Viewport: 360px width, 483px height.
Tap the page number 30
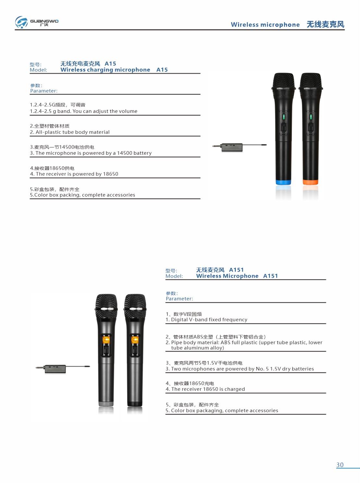(340, 465)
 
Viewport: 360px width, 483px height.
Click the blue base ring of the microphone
(283, 182)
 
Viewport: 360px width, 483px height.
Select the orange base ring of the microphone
(310, 182)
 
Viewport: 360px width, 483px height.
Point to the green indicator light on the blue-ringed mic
(283, 117)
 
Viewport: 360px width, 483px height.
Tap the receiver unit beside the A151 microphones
(55, 369)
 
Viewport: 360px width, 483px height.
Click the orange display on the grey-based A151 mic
(106, 340)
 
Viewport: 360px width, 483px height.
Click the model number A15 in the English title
(162, 70)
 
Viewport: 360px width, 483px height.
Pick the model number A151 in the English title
(270, 276)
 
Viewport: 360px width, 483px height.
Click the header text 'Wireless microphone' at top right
(265, 25)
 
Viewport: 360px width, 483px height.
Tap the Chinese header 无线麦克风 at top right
(325, 24)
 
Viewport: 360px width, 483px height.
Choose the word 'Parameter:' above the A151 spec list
(179, 299)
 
